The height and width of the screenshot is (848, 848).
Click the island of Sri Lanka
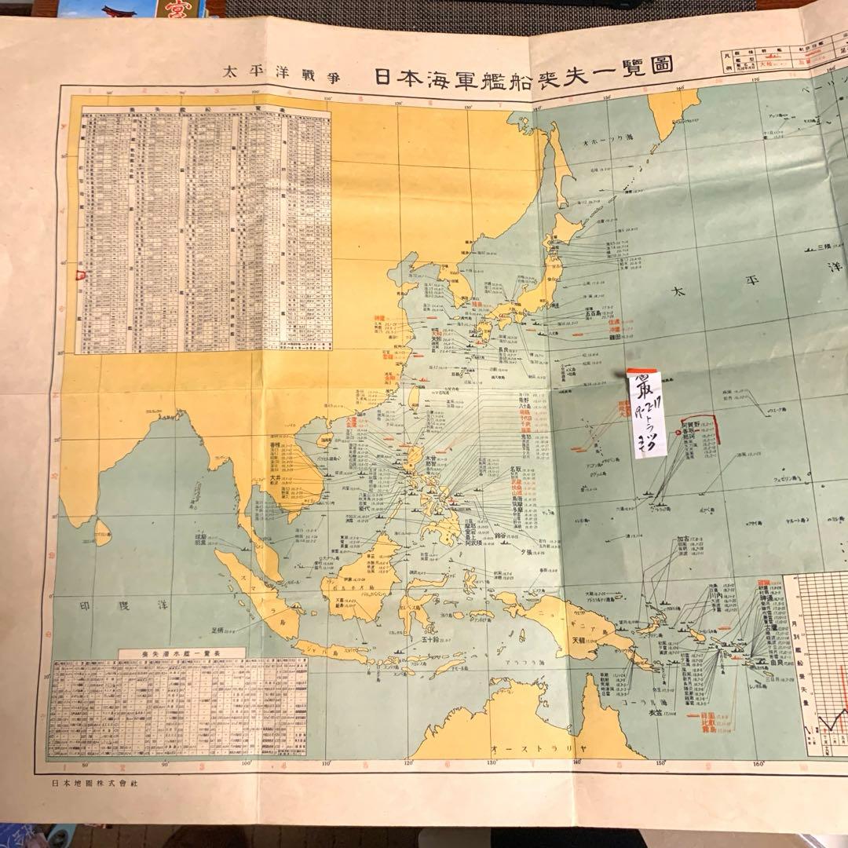click(103, 535)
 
